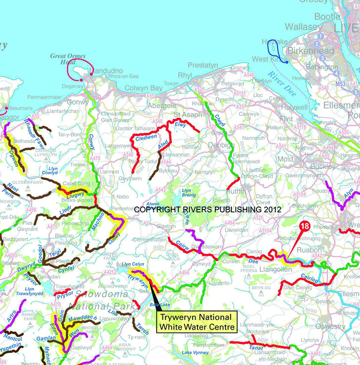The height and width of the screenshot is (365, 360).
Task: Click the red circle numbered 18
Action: [304, 226]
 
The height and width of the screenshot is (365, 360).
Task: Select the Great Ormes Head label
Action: [67, 59]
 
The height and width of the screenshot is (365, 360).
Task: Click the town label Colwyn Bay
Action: [143, 88]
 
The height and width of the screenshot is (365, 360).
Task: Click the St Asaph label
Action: [183, 115]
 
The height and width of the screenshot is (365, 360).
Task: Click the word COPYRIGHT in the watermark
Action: [156, 210]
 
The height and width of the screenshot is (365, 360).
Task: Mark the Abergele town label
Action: [161, 105]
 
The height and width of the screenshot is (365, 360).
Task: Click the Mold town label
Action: [285, 159]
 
